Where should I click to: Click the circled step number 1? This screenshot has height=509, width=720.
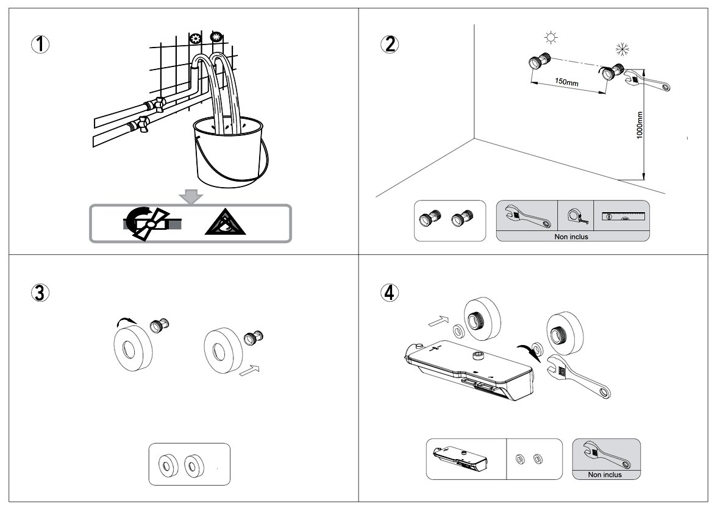click(40, 44)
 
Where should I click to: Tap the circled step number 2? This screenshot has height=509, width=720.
click(389, 44)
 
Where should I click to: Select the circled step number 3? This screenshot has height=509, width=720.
click(40, 293)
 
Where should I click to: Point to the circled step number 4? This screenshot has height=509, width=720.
click(389, 293)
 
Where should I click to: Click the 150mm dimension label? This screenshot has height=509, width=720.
click(566, 82)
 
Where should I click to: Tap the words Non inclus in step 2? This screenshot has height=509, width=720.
click(572, 237)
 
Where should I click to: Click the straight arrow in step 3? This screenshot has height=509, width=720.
click(251, 369)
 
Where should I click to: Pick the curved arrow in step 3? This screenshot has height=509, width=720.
click(129, 321)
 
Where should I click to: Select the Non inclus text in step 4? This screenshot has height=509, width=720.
click(605, 474)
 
